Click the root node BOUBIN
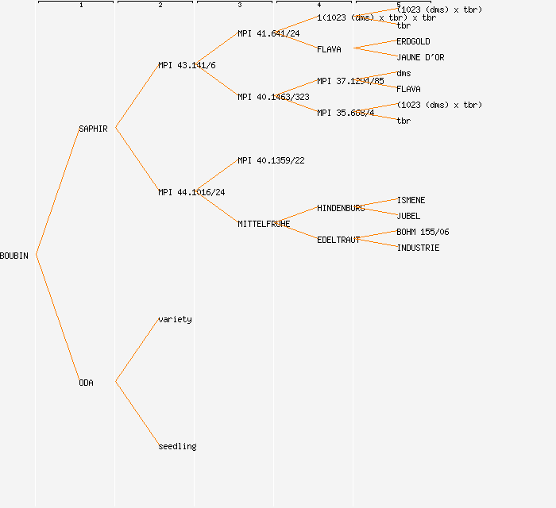(x=14, y=256)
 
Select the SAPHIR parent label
(x=93, y=129)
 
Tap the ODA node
(x=86, y=383)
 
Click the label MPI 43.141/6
(x=187, y=65)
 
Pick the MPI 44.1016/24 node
(x=191, y=192)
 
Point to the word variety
(x=175, y=319)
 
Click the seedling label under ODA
(x=177, y=446)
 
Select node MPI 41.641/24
(x=268, y=33)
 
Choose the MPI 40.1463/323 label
(x=273, y=97)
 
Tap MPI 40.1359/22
(x=271, y=160)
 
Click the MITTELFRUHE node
(x=264, y=224)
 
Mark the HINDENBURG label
(x=341, y=208)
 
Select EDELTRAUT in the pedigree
(x=338, y=240)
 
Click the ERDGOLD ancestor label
(x=413, y=41)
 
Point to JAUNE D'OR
(x=420, y=57)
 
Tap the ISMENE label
(x=411, y=200)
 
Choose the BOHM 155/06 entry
(x=423, y=232)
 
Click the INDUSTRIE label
(x=418, y=248)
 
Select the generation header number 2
(x=160, y=6)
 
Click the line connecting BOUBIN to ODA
(x=57, y=319)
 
